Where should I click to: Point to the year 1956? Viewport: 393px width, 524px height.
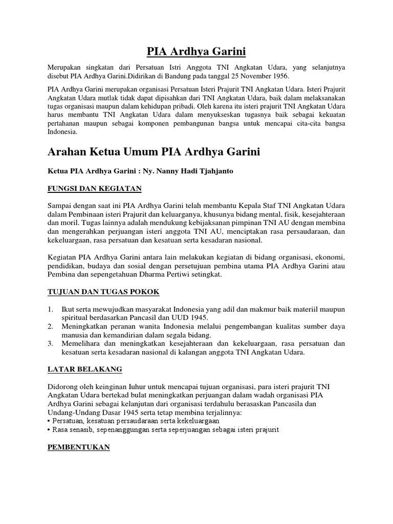(278, 76)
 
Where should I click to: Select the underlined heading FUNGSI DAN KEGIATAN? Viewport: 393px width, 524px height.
(94, 189)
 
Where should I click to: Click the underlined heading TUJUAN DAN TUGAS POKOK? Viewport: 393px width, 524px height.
(103, 292)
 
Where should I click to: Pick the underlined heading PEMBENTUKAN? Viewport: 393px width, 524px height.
(79, 447)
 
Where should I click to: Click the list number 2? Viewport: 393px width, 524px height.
(50, 326)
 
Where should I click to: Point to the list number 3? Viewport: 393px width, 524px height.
(50, 343)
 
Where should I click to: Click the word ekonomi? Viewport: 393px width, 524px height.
(330, 256)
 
